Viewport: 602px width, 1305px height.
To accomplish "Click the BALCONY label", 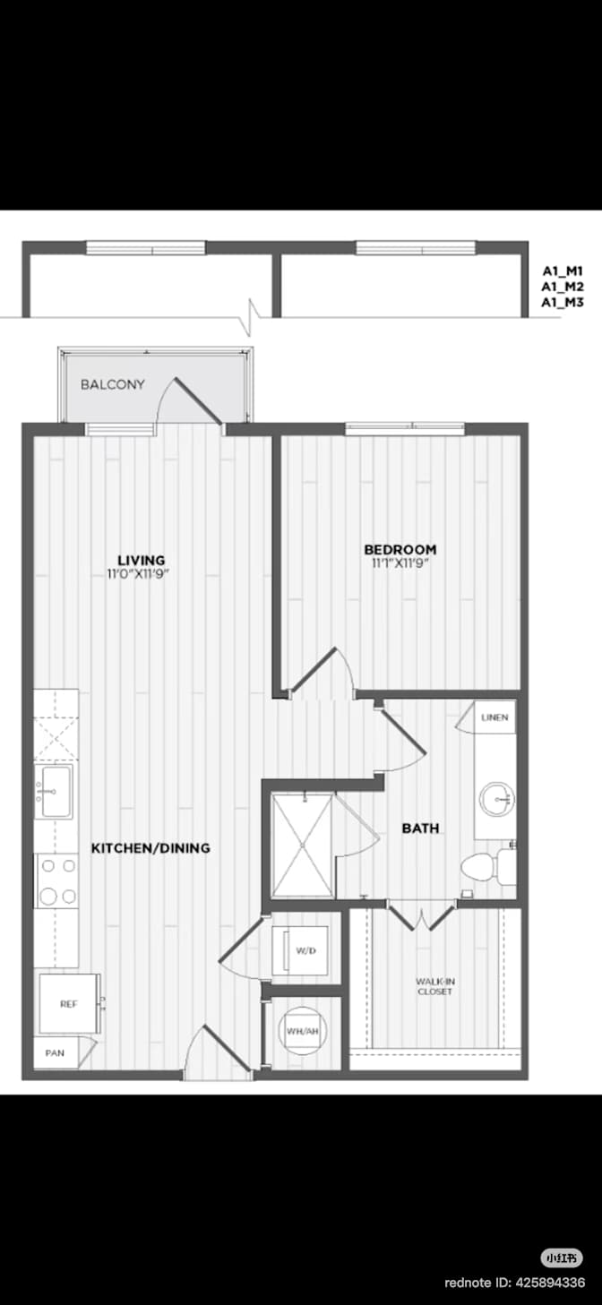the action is coord(113,384).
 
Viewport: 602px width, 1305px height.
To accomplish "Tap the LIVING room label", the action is coord(141,561).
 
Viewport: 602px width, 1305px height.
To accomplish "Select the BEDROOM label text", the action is coord(400,549).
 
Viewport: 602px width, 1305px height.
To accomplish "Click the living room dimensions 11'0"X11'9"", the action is coord(138,574).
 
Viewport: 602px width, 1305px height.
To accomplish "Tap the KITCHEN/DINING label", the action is coord(150,848).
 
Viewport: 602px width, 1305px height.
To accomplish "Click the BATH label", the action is coord(421,828).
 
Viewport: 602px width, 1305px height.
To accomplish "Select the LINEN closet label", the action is coord(494,717).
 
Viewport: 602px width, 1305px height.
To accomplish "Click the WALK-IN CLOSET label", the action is coord(434,986).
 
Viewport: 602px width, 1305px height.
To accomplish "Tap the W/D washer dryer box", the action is coord(299,950).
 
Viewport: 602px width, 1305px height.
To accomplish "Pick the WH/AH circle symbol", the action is coord(302,1031).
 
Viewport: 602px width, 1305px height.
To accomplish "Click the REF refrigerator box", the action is coord(69,1004).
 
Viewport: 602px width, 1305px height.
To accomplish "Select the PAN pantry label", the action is coord(56,1052).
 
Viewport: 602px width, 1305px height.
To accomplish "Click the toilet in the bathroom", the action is coord(488,867).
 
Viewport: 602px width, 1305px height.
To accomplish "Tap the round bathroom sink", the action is coord(497,799).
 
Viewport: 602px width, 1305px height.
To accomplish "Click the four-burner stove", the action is coord(57,880).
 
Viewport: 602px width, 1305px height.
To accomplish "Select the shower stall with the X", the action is coord(303,846).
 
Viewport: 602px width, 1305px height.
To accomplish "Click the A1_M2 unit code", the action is coord(563,287).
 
